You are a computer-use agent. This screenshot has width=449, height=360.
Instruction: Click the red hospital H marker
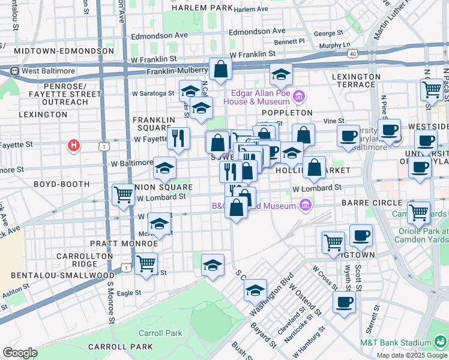point(73,145)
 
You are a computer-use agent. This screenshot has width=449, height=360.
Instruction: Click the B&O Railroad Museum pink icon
point(306,206)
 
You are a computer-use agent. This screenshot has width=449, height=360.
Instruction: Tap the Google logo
point(19,353)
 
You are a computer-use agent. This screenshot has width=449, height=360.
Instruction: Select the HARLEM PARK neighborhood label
point(201,8)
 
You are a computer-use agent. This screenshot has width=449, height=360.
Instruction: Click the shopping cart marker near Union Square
point(123,194)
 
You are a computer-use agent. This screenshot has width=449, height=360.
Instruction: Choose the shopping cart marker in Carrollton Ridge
point(146,263)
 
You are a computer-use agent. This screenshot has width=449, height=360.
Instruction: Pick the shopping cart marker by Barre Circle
point(418,212)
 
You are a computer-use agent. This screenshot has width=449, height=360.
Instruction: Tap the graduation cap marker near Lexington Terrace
point(280,74)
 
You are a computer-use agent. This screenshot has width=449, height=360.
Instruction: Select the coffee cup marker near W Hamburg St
point(344,302)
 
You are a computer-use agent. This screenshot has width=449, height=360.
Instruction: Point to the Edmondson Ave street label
point(257,31)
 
